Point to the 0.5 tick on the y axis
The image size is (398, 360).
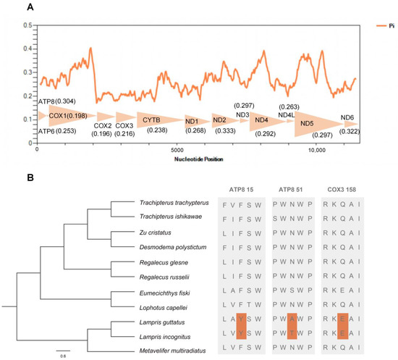click(x=28, y=25)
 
